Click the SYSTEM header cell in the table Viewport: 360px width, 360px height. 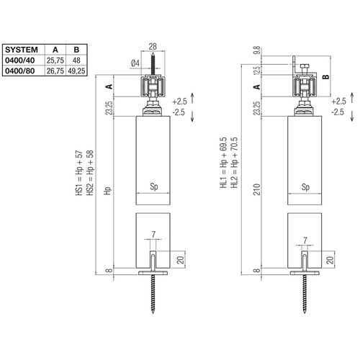[22, 50]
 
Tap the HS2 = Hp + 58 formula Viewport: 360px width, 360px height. [89, 175]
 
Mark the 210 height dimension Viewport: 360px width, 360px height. [257, 189]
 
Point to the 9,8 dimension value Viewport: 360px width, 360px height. [257, 51]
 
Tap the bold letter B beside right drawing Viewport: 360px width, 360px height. [325, 76]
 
